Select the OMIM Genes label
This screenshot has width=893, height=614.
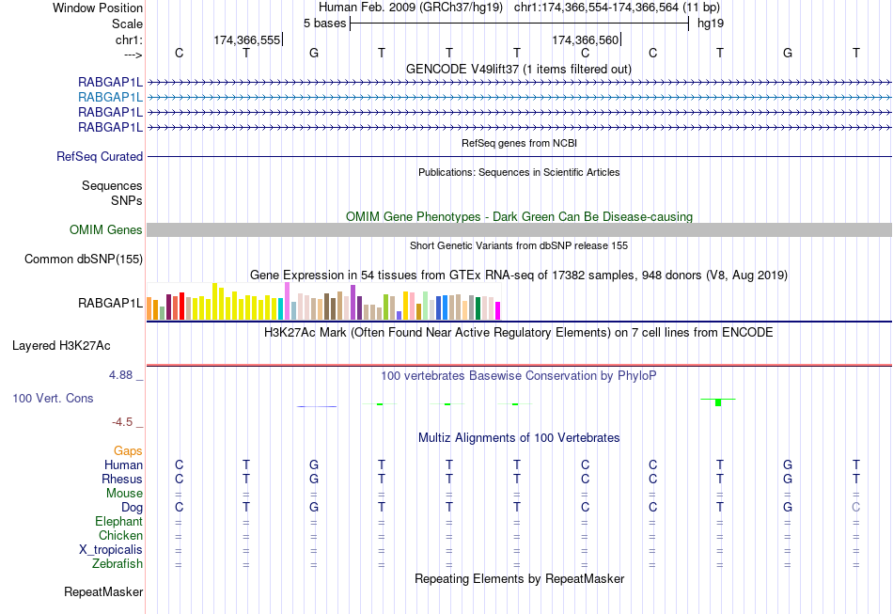click(106, 230)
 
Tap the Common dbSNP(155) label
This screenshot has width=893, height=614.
click(84, 260)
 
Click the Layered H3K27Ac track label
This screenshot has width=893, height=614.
click(77, 345)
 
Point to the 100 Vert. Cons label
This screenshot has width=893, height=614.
click(53, 399)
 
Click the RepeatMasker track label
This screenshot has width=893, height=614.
click(103, 592)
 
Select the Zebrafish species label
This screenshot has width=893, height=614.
click(117, 564)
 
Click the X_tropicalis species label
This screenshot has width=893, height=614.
click(111, 550)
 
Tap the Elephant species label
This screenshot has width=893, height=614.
click(118, 522)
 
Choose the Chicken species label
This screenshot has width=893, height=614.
click(120, 536)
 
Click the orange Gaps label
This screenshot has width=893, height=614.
click(128, 451)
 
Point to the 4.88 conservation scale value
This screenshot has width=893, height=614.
click(126, 375)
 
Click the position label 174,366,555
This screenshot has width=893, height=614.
click(247, 40)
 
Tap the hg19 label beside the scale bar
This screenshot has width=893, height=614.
click(711, 23)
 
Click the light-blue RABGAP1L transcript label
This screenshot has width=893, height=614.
click(110, 97)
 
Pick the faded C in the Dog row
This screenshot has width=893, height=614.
click(855, 508)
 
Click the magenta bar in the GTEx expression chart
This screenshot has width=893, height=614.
click(498, 310)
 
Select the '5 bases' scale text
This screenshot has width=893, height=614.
click(324, 23)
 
